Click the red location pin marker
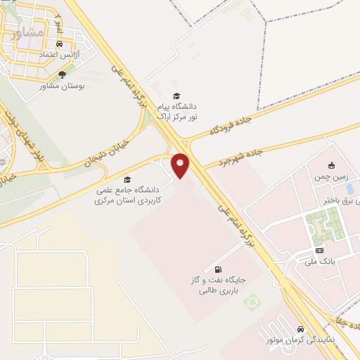(181, 165)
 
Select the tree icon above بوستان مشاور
(62, 74)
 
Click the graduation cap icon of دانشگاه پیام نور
(176, 96)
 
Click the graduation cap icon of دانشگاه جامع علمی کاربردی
(127, 179)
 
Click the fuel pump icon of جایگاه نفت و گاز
(217, 269)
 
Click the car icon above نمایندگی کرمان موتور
(300, 329)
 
